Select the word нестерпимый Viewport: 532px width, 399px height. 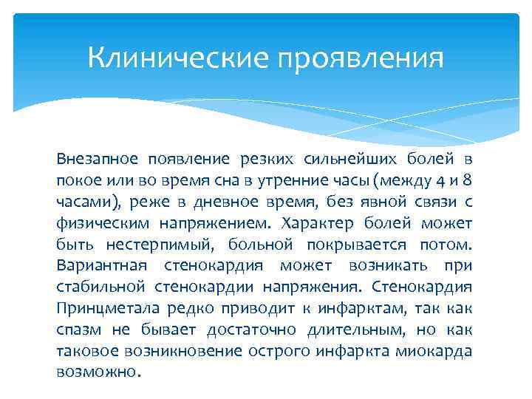[142, 245]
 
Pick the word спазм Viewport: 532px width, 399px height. [77, 330]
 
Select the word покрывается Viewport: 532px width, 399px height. [368, 245]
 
